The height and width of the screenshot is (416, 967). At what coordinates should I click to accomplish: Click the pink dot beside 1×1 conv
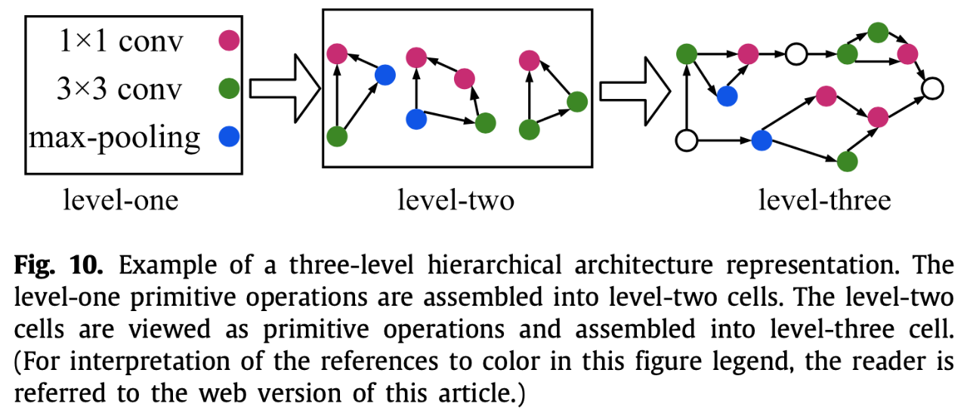pos(229,41)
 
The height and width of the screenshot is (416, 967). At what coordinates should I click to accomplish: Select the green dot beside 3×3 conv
pos(229,88)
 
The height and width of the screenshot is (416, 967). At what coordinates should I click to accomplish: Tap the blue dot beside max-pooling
pos(229,137)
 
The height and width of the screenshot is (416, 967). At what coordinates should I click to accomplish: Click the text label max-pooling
pos(114,139)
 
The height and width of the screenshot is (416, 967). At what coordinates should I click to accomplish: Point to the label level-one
pos(121,200)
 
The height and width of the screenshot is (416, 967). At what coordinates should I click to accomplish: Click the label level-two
pos(456,200)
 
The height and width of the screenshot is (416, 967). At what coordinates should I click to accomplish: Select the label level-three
pos(824,200)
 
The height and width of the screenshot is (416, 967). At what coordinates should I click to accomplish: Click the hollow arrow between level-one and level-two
pos(285,88)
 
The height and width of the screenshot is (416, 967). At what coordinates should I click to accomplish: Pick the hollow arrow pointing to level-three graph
pos(635,91)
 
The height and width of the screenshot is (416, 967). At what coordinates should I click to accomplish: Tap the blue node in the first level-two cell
pos(385,75)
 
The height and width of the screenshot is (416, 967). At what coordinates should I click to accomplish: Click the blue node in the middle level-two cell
pos(416,119)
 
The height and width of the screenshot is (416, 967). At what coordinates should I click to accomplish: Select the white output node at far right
pos(932,89)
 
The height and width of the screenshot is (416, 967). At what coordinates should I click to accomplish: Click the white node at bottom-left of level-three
pos(687,140)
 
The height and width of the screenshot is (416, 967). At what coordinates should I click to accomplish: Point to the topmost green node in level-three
pos(878,32)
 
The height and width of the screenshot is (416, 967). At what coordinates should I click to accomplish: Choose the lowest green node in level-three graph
pos(847,162)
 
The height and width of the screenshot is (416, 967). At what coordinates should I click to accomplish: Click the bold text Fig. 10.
pos(58,264)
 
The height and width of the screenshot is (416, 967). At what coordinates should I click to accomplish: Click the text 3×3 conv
pos(119,89)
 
